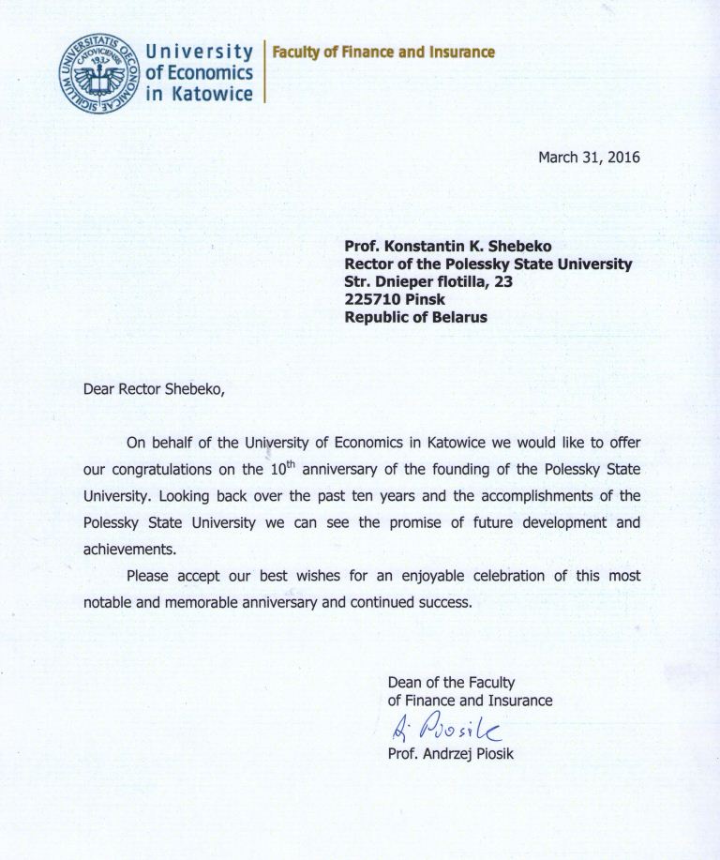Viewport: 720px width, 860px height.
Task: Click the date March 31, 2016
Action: coord(589,158)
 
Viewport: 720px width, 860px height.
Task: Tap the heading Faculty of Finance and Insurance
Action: coord(382,53)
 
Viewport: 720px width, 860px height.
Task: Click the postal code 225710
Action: coord(374,299)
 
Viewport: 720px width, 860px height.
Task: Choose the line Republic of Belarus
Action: coord(415,317)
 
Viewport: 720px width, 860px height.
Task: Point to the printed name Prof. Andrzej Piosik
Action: coord(450,752)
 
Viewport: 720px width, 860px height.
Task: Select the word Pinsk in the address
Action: coord(424,299)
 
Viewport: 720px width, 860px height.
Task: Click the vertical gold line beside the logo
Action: coord(264,70)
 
